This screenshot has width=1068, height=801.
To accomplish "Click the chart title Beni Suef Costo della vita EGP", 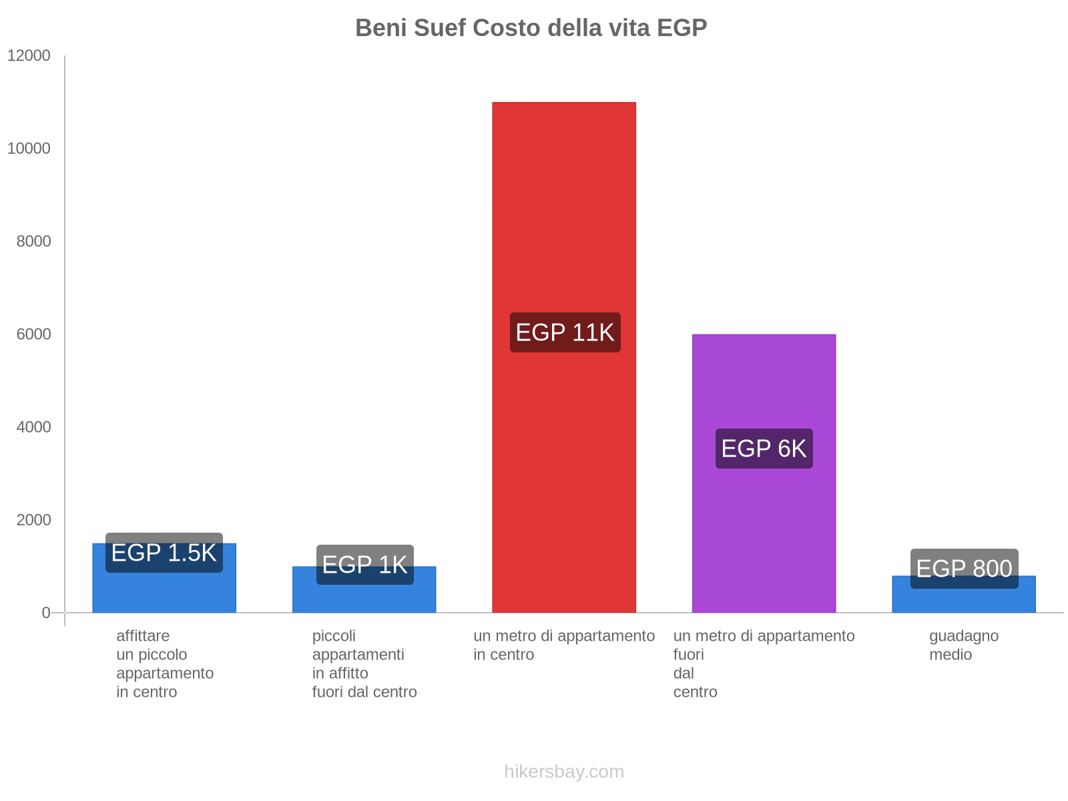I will coord(531,28).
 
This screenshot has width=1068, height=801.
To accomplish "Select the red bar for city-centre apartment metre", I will coord(564,200).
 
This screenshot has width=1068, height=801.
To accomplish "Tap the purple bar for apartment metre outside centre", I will coord(764,387).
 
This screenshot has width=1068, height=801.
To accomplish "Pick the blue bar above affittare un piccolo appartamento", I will coord(164,591).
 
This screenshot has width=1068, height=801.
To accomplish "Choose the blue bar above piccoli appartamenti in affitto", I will coord(364,597).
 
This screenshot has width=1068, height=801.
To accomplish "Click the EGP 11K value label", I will coord(565,332).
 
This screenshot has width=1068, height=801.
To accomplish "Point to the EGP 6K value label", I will coord(764,449).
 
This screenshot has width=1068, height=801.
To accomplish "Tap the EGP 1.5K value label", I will coord(164,553).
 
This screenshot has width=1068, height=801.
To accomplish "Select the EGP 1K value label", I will coord(364,565).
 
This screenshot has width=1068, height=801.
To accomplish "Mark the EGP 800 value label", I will coord(964,569).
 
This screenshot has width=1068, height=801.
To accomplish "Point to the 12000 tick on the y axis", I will coord(29,56).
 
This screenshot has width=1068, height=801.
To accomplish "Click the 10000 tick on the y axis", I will coord(29,149).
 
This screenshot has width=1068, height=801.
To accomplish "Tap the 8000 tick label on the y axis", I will coord(34,242).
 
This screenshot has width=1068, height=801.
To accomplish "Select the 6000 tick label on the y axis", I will coord(34,334).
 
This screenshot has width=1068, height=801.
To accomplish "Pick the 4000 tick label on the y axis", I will coord(34,427).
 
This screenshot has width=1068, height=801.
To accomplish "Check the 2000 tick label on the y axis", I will coord(34,520).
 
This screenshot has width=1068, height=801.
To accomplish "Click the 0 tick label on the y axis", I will coord(46,613).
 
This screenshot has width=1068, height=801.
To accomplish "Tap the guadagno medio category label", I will coord(964,645).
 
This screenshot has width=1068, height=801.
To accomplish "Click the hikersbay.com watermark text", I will coord(564,772).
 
